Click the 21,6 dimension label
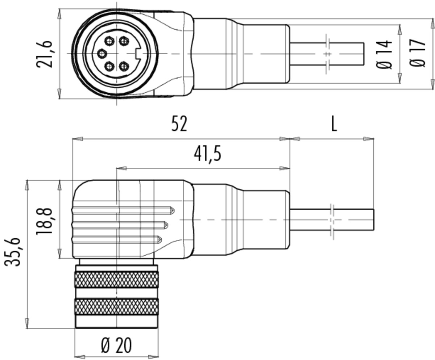[x=44, y=54]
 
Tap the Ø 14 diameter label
[x=384, y=55]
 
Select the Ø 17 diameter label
[x=418, y=53]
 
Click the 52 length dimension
[x=179, y=124]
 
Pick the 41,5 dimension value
[x=207, y=154]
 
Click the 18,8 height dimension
[x=44, y=221]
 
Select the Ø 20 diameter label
[x=116, y=345]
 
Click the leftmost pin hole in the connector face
[x=102, y=54]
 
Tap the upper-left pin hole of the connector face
[x=109, y=41]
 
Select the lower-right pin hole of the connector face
[x=124, y=67]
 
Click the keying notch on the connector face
[x=138, y=54]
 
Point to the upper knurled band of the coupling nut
[x=116, y=280]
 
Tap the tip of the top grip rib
[x=174, y=210]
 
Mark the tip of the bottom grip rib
[x=161, y=239]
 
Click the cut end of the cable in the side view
[x=373, y=220]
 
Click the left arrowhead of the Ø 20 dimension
[x=80, y=357]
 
